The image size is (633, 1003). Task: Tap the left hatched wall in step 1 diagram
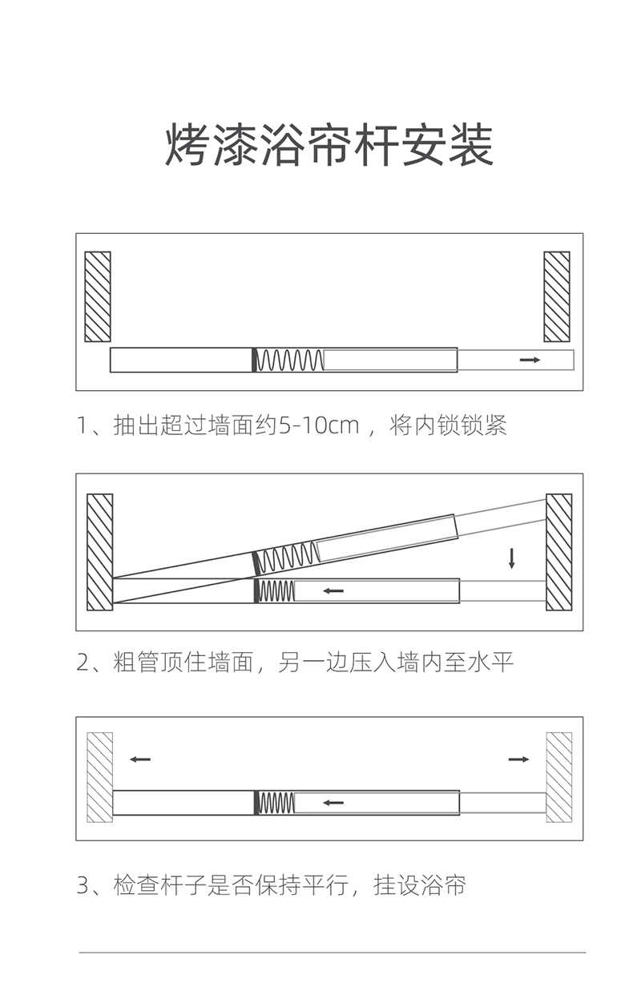click(98, 296)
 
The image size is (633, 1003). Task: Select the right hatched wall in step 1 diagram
click(557, 296)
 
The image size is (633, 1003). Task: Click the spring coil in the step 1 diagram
click(289, 361)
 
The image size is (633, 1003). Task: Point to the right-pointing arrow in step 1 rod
click(530, 361)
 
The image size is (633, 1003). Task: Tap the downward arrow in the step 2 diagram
click(511, 558)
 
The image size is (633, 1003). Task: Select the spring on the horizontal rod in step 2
click(277, 591)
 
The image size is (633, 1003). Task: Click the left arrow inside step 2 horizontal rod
click(333, 591)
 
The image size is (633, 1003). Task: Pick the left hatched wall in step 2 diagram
click(99, 551)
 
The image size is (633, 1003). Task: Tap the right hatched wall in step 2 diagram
click(558, 551)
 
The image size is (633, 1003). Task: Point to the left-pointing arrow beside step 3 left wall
click(140, 759)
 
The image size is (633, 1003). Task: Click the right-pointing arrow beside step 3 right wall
click(518, 759)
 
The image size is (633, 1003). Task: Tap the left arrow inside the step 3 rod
click(333, 802)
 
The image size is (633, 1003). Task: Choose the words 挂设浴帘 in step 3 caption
click(419, 886)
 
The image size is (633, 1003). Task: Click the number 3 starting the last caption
click(83, 887)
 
